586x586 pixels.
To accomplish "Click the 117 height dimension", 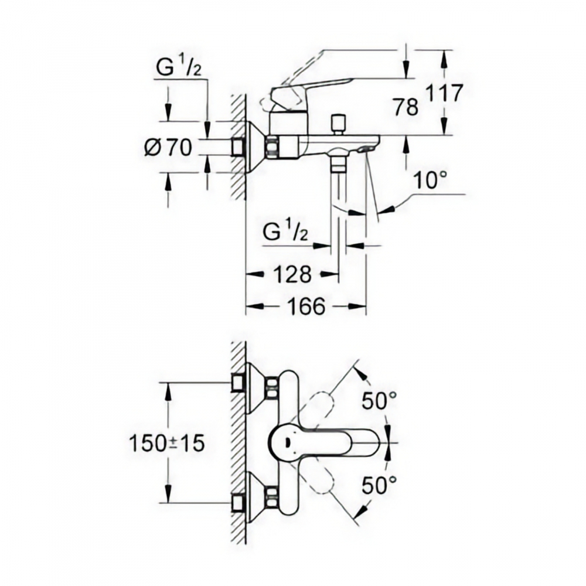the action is coord(445,93).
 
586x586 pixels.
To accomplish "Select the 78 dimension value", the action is coord(406,107).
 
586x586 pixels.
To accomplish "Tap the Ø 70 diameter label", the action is coord(168,147).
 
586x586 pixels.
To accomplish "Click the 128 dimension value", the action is coord(292,275).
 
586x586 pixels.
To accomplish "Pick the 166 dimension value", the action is coord(306,307).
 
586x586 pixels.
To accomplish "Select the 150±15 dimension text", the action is coord(167,444).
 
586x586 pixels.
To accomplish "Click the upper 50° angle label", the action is coord(379,401).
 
